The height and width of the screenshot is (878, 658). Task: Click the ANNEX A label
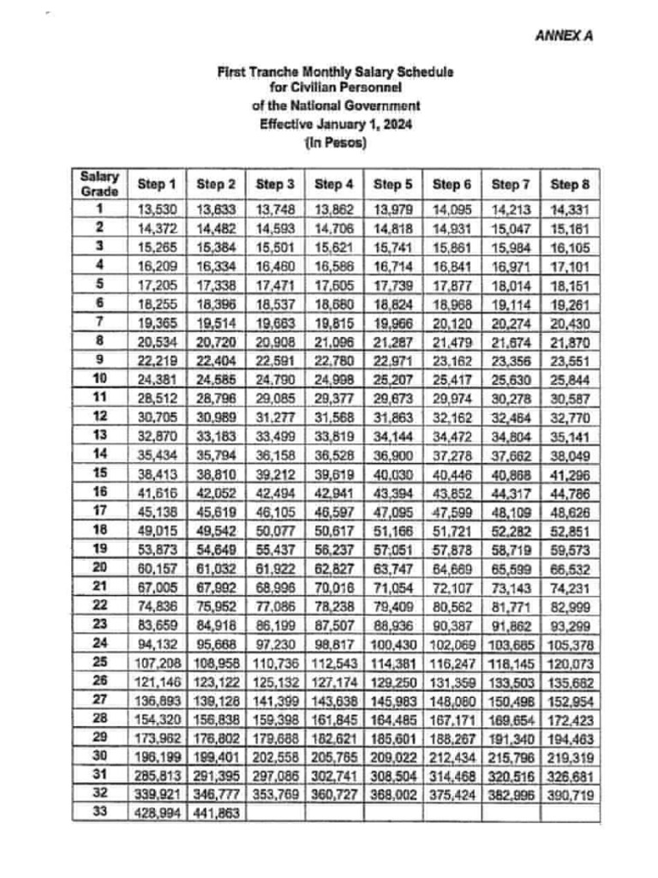564,36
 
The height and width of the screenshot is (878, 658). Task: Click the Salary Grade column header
99,183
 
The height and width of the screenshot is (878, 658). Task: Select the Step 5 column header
392,183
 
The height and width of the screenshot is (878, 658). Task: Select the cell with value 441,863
216,812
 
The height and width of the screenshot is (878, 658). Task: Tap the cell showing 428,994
157,812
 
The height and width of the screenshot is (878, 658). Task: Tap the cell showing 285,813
157,777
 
